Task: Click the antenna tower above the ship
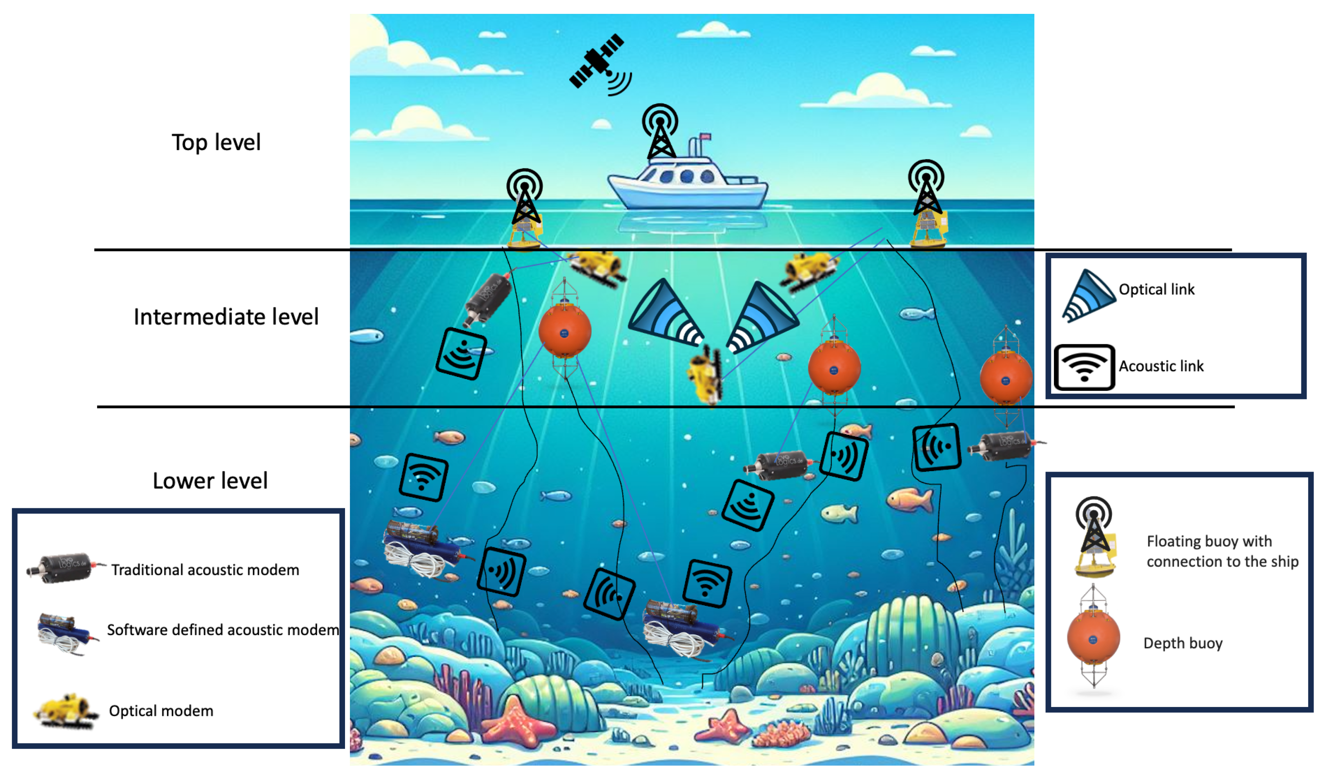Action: click(x=660, y=132)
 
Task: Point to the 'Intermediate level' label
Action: click(x=226, y=317)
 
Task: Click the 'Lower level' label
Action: click(x=210, y=481)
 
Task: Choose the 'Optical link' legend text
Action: click(x=1156, y=289)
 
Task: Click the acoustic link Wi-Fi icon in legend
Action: click(x=1084, y=367)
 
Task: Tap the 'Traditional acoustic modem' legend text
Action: click(x=205, y=569)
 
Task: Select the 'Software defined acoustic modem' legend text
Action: click(x=223, y=630)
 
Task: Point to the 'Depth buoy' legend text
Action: click(x=1182, y=643)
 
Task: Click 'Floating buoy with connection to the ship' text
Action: click(x=1222, y=551)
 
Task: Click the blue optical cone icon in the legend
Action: click(x=1088, y=295)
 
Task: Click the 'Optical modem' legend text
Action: click(x=161, y=711)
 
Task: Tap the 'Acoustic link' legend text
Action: click(x=1161, y=366)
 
